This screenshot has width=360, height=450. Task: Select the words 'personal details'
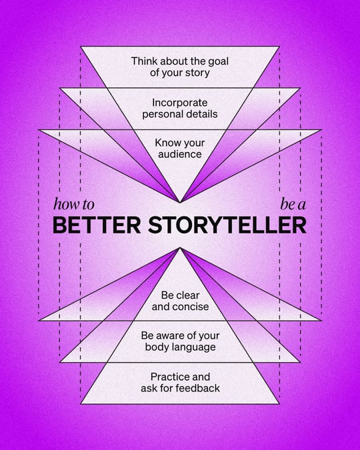pyautogui.click(x=181, y=114)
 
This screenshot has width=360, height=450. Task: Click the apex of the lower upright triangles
pyautogui.click(x=180, y=248)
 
